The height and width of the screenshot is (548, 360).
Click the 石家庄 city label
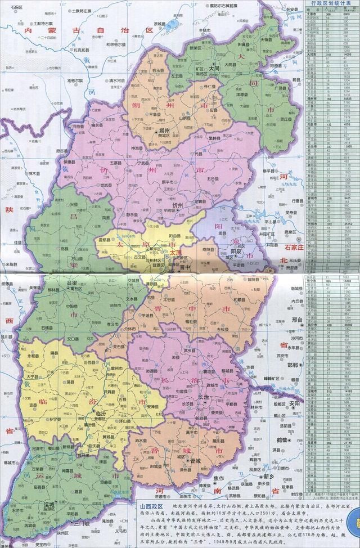pyautogui.click(x=292, y=246)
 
